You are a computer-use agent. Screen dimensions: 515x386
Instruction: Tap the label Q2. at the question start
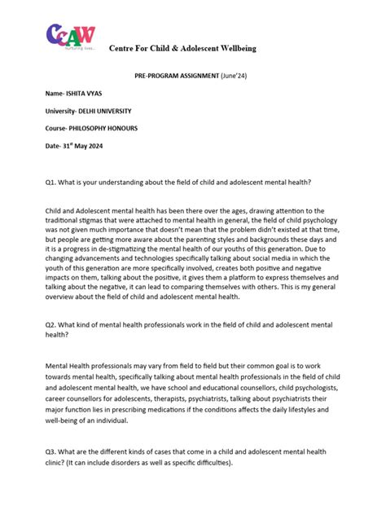pyautogui.click(x=53, y=323)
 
